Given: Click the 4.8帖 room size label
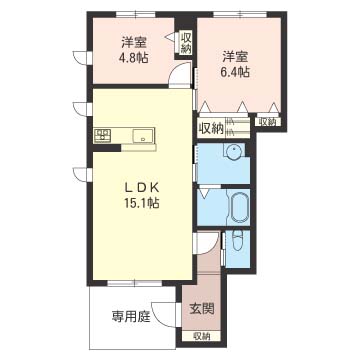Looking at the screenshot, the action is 134,58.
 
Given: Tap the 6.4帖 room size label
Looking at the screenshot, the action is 236,72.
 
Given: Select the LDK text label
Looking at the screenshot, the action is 141,188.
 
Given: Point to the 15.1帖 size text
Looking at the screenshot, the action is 142,203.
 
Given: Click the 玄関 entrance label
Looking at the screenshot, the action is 202,309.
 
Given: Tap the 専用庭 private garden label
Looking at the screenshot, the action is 131,316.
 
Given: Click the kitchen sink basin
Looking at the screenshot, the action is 143,136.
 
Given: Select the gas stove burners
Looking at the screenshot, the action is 103,135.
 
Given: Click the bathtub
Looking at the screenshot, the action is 239,208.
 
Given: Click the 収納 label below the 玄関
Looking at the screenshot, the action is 201,336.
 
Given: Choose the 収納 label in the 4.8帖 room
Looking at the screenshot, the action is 186,43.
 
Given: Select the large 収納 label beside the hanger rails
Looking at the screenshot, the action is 211,128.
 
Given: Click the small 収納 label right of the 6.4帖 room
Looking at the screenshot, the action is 268,122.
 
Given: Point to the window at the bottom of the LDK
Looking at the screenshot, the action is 134,283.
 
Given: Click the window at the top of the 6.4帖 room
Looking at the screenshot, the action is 240,14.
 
